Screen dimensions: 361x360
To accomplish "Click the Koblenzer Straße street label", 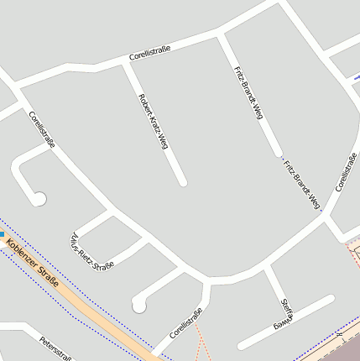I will [32, 264].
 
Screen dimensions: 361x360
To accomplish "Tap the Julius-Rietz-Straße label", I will [92, 250].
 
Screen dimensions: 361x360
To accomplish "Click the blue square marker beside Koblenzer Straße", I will [2, 234].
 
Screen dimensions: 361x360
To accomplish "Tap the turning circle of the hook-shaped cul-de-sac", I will [39, 198].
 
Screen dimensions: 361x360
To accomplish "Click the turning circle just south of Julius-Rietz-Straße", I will [138, 303].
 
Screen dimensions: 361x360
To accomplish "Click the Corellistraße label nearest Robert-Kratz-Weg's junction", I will [150, 55].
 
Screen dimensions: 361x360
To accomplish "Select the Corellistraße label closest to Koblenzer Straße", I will [186, 323].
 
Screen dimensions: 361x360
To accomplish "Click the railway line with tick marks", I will [336, 337].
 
